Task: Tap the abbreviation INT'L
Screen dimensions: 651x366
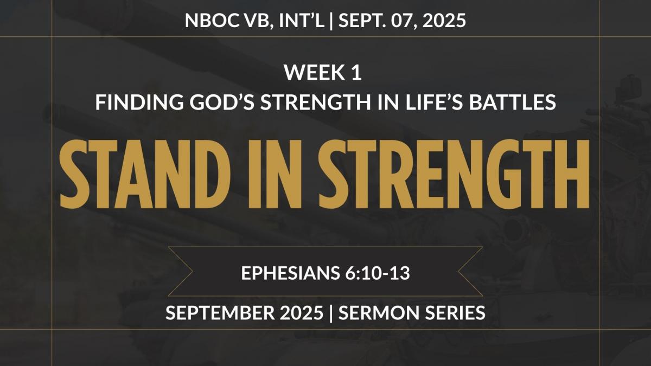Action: click(x=302, y=21)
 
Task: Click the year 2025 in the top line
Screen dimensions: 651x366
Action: click(x=444, y=21)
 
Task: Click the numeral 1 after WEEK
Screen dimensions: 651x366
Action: click(x=356, y=72)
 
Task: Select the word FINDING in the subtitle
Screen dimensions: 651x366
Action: click(x=139, y=102)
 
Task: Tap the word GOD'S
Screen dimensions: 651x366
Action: click(x=222, y=102)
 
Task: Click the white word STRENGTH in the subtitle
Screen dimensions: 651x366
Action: click(x=316, y=102)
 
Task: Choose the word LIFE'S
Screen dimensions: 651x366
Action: click(x=434, y=102)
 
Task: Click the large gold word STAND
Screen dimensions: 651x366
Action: click(x=145, y=174)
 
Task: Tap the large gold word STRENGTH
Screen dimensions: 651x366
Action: click(x=454, y=174)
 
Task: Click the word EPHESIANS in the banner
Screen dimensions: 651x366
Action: click(x=291, y=273)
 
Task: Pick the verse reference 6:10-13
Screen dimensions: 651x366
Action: click(x=378, y=273)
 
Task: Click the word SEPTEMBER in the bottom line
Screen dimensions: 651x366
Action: click(x=220, y=313)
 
